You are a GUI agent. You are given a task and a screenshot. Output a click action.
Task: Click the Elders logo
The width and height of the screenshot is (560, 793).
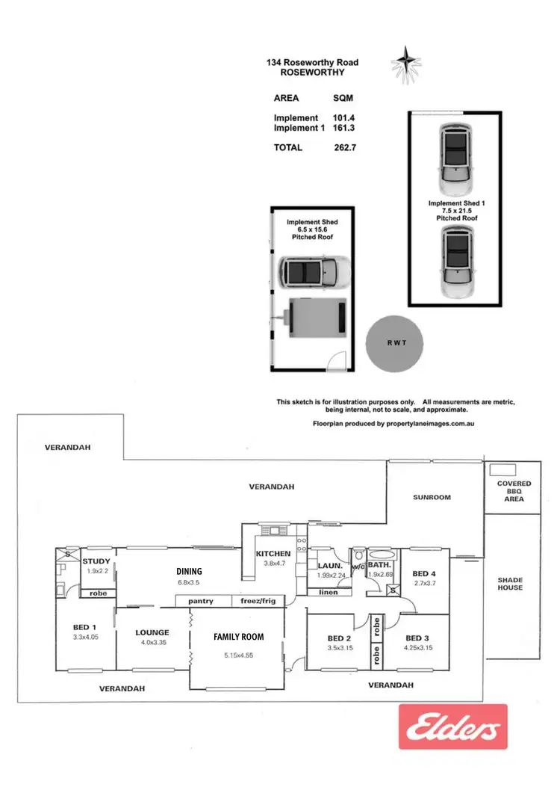(x=452, y=726)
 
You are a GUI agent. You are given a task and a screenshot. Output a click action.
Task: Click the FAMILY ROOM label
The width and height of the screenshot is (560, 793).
(x=238, y=637)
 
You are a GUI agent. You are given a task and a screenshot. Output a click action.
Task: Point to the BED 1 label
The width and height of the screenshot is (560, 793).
(x=84, y=628)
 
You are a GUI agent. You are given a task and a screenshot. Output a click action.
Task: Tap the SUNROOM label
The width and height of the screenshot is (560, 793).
(x=432, y=497)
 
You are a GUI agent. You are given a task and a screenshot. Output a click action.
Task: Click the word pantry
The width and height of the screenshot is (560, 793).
(x=201, y=600)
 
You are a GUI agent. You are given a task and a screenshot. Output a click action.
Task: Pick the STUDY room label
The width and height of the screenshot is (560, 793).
(x=96, y=561)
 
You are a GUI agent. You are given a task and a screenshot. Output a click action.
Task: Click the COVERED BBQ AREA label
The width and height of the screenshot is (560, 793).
(x=514, y=491)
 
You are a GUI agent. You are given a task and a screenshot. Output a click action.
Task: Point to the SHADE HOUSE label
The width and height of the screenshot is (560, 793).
(x=510, y=584)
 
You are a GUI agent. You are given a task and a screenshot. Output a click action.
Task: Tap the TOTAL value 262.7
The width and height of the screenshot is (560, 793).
(x=346, y=147)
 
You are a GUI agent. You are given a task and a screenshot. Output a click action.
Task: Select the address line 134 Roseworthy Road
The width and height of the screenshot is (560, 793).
(x=313, y=64)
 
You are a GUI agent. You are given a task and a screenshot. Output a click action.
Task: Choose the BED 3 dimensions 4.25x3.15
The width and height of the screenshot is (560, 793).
(x=417, y=648)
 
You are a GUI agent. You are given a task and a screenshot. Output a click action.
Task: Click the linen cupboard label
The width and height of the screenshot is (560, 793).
(x=330, y=593)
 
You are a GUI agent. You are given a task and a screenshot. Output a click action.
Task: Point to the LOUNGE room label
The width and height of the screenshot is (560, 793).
(x=152, y=632)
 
